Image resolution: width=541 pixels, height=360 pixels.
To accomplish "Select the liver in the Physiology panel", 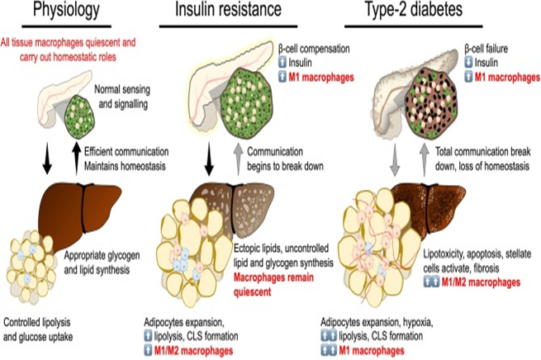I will tap(82, 206).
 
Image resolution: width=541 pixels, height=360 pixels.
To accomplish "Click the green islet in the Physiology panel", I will tap(83, 114).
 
